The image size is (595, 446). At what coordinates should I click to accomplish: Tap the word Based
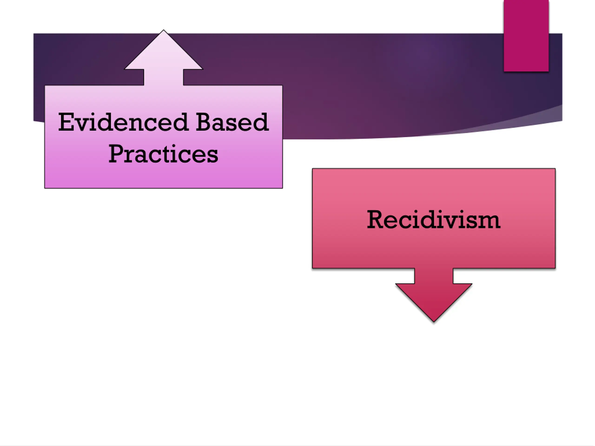(232, 122)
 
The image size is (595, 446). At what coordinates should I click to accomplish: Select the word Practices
(163, 154)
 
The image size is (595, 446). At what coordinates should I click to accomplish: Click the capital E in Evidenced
(66, 122)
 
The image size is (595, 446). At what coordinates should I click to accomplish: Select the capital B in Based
(204, 122)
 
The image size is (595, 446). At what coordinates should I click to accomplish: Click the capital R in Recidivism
(376, 220)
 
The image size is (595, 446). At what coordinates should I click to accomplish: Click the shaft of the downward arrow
(434, 275)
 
